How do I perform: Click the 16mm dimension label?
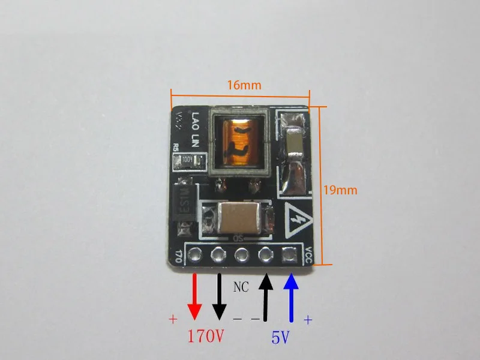pos(244,85)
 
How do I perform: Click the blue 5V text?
pos(280,338)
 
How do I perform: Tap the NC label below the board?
pos(240,288)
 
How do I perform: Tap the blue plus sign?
pos(308,320)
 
